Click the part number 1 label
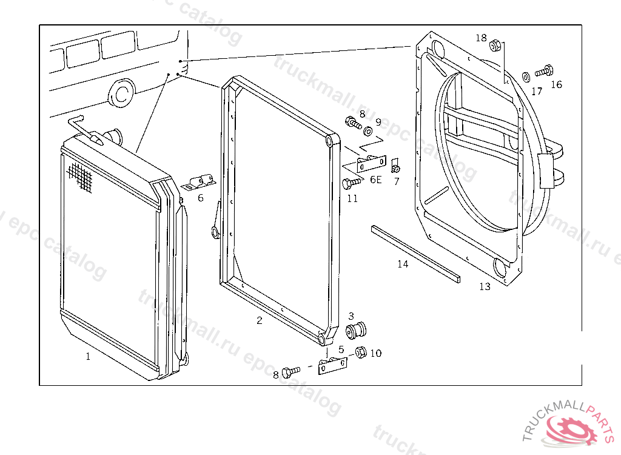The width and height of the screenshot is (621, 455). coord(88,357)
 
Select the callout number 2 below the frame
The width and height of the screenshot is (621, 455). coord(260,320)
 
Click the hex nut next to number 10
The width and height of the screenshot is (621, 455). coord(360,351)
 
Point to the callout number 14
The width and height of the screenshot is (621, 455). coord(403,264)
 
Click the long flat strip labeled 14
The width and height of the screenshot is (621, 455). coord(415,252)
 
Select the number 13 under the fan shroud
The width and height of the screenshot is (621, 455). coord(485,286)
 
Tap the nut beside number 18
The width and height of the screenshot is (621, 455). coord(495,44)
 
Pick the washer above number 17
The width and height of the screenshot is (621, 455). coord(526,76)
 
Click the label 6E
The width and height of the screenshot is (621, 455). coord(376,180)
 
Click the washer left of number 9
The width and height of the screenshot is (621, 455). coord(368,131)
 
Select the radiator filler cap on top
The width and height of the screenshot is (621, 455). coord(112,135)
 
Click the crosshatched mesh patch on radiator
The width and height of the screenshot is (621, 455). coord(80,177)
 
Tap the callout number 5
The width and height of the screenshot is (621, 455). coord(341,349)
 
